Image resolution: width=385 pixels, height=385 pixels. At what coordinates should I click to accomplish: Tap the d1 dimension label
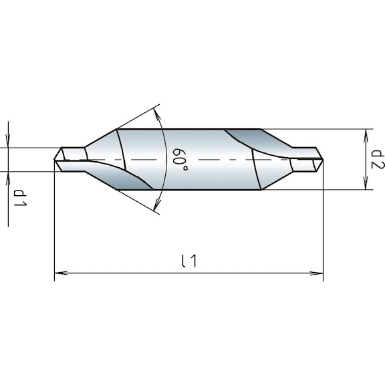click(20, 199)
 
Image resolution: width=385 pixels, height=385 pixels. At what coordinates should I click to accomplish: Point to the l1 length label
click(189, 261)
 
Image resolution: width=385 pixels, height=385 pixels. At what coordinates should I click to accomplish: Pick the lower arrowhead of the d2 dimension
click(366, 184)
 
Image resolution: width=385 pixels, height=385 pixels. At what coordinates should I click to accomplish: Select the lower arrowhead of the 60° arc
click(157, 208)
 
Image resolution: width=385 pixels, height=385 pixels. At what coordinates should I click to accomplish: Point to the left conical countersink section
click(102, 150)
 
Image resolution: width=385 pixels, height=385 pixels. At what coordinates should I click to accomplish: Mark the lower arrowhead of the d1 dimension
click(9, 176)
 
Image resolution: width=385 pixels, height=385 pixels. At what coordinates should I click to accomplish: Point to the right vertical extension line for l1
click(323, 221)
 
